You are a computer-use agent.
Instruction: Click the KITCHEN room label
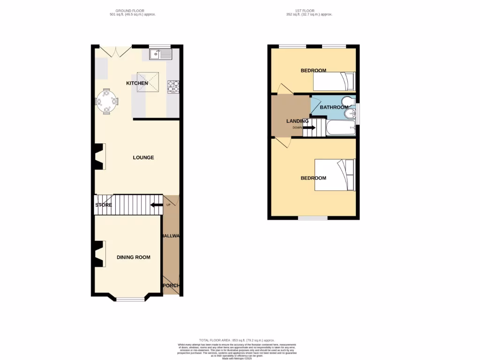tap(137, 83)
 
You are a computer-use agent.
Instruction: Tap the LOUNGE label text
tap(143, 157)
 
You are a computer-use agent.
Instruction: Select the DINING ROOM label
tap(134, 257)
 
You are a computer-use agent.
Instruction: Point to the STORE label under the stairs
tap(104, 205)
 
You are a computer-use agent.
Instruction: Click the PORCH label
tap(171, 286)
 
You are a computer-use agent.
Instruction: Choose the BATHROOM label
tap(334, 107)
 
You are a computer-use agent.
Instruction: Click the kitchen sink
tap(161, 54)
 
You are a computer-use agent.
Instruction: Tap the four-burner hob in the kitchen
tap(173, 87)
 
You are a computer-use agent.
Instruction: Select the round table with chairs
tap(107, 101)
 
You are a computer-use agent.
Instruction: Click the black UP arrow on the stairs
tap(156, 205)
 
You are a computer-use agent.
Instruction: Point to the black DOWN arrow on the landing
tap(309, 127)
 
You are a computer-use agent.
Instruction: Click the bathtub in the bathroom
tap(341, 127)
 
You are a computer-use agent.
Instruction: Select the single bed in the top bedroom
tap(334, 82)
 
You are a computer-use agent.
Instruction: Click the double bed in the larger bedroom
tap(334, 175)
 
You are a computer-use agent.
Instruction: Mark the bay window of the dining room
tap(130, 298)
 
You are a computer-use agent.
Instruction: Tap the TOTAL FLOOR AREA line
tap(236, 340)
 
